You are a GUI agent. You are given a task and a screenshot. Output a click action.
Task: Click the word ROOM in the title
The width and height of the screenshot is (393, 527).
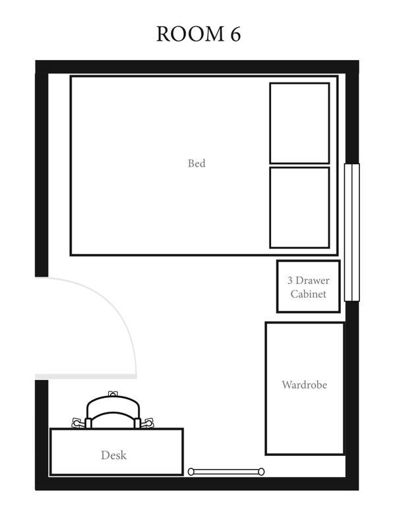pos(191,34)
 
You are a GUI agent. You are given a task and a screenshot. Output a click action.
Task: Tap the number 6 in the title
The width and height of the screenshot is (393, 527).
pos(235,34)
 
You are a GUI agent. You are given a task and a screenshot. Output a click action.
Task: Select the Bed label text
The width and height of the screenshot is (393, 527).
pos(196,163)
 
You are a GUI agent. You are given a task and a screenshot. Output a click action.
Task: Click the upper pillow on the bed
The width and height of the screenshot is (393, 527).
pos(299,123)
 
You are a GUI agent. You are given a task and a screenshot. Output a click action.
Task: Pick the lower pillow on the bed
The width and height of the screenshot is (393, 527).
pos(299,208)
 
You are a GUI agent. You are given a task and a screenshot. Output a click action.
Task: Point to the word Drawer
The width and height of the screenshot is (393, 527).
pos(313,281)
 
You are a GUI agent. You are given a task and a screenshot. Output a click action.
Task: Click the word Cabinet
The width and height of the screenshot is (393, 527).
pos(308,294)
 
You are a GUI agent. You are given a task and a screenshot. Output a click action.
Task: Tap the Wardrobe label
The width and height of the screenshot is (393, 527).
pos(305,385)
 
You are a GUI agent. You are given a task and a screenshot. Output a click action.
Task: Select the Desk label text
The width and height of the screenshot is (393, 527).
pos(113,455)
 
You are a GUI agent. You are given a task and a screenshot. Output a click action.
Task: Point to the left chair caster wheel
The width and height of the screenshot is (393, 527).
pos(77,422)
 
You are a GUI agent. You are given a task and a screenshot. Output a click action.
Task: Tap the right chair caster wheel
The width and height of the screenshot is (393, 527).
pos(148,422)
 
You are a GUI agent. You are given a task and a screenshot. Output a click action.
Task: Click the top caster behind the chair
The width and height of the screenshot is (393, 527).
pos(113,393)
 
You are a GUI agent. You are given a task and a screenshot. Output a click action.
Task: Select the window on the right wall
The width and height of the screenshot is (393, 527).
pos(352,233)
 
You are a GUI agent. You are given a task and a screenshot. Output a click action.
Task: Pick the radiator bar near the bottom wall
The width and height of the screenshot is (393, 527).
pos(226,472)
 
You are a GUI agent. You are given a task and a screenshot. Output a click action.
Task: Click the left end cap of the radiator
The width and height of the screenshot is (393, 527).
pos(191,472)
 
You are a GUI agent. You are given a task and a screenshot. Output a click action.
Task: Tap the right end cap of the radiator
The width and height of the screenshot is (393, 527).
pos(261,472)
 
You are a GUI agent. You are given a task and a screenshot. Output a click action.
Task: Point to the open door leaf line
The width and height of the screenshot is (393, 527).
pos(86,376)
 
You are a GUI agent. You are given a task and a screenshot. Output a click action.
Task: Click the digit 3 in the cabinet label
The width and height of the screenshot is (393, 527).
pos(289,281)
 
